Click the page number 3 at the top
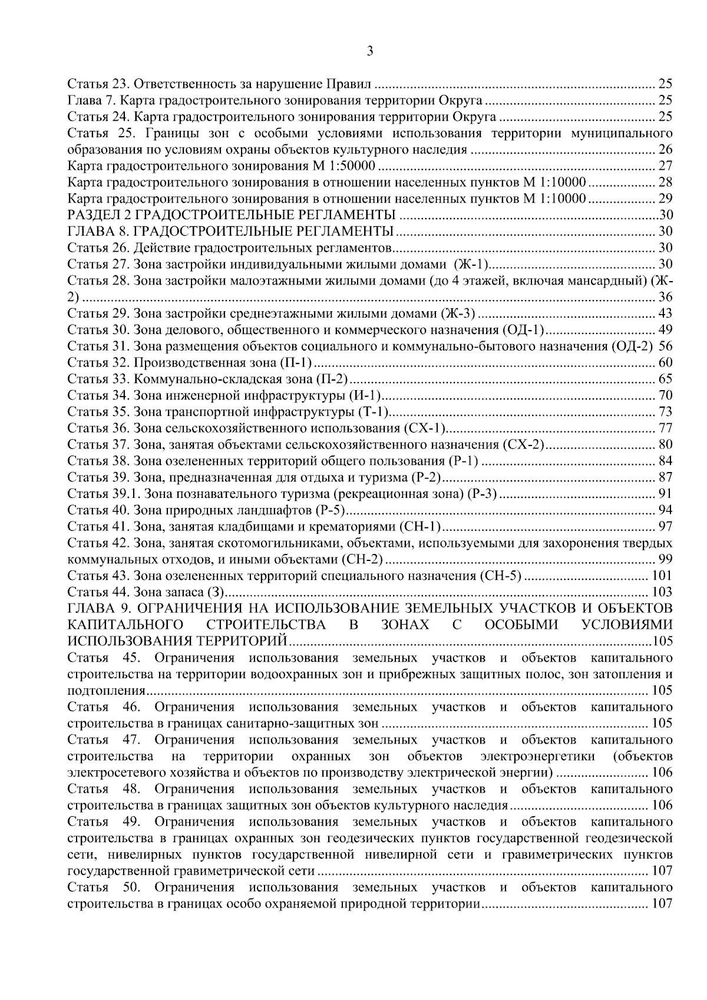click(x=370, y=51)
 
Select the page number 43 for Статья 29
click(x=665, y=313)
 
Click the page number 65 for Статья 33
click(x=665, y=379)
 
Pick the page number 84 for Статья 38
click(x=665, y=461)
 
